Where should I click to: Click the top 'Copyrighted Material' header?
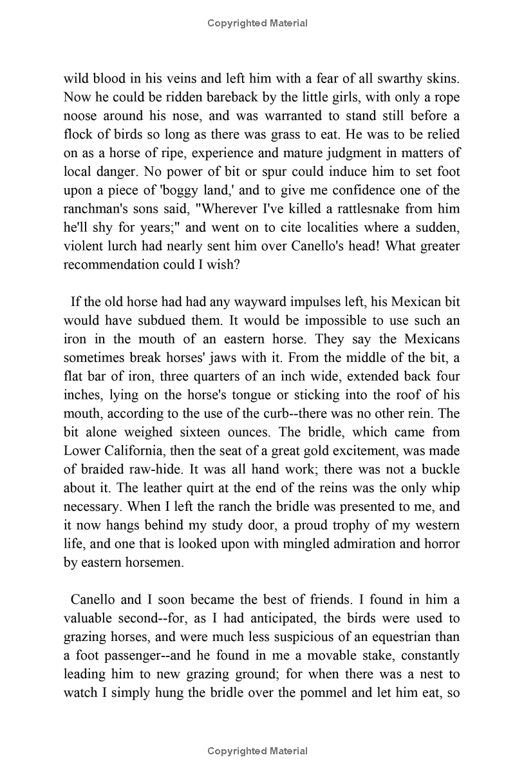257,23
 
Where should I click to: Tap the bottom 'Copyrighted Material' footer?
257,750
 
